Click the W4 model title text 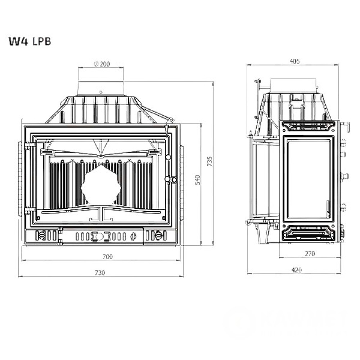click(x=18, y=41)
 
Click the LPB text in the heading click(x=42, y=41)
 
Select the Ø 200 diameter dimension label click(x=102, y=64)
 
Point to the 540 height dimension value click(x=197, y=180)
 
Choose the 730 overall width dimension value click(x=100, y=273)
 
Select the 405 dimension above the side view click(x=294, y=61)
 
